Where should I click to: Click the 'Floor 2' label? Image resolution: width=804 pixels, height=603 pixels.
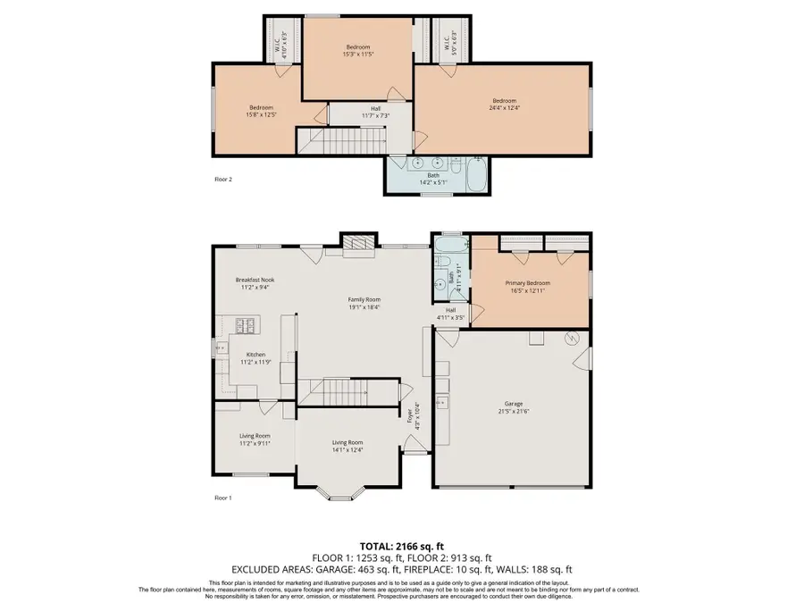coord(223,179)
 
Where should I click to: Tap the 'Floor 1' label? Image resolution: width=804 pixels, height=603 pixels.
coord(223,498)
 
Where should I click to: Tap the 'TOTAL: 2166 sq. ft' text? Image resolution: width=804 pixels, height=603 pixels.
coord(401,545)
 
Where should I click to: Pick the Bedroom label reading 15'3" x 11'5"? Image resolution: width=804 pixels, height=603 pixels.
coord(357,50)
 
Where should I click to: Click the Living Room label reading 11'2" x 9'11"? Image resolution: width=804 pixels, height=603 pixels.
coord(255,439)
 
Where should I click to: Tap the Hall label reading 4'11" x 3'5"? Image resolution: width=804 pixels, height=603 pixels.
coord(451,314)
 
